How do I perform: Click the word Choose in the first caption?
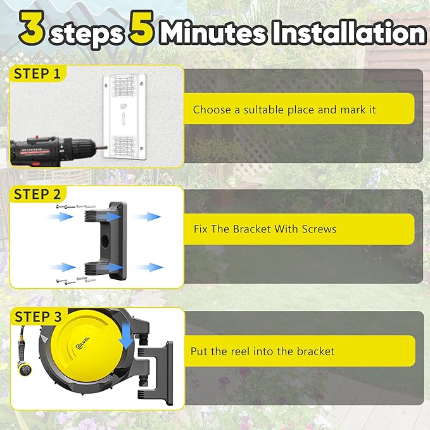[212, 110]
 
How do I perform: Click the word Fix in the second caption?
[201, 229]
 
